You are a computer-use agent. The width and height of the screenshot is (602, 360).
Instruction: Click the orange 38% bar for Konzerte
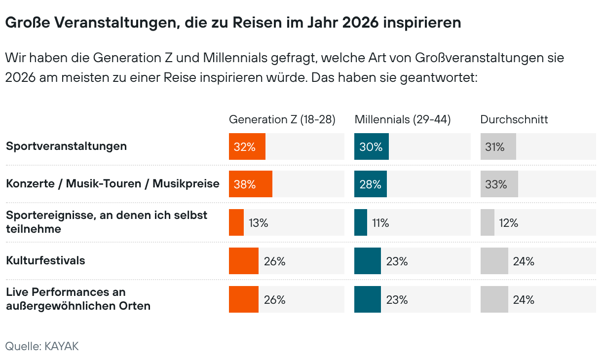point(251,184)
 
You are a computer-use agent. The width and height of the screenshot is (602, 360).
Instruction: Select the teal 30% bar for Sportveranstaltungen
point(371,146)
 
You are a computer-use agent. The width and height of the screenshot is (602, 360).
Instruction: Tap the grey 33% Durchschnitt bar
point(499,184)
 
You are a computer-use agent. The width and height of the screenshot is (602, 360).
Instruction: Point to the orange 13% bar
point(236,222)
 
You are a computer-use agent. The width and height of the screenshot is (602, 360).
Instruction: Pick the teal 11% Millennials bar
point(361,222)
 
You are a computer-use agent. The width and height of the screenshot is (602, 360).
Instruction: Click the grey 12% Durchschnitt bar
point(488,222)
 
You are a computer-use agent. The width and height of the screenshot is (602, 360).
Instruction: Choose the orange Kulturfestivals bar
point(244,261)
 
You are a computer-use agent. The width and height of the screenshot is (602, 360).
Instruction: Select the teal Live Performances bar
point(368,299)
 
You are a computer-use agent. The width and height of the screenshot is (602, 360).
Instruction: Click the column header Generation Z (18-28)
point(282,119)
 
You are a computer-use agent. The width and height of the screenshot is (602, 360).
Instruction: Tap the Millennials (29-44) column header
point(403,119)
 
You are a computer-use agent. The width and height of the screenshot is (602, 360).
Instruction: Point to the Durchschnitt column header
point(514,119)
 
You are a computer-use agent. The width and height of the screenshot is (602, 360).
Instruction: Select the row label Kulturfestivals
point(45,260)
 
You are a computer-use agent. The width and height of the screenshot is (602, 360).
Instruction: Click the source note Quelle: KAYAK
point(42,346)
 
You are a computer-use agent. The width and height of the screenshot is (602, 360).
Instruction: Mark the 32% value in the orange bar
point(245,146)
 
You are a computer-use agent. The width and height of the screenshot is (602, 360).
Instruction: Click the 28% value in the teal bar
point(370,184)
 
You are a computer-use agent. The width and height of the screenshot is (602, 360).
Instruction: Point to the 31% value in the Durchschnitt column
point(494,146)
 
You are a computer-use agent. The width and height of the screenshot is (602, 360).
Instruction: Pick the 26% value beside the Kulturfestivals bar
point(275,261)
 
